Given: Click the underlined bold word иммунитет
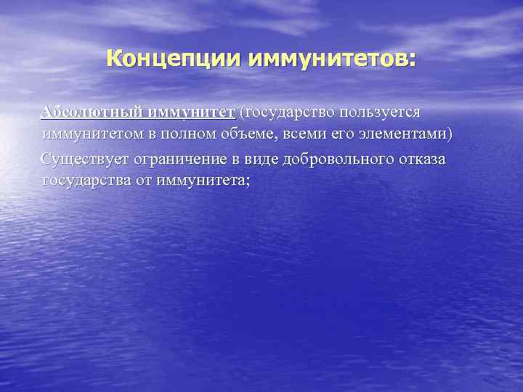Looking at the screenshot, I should tap(191, 113).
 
